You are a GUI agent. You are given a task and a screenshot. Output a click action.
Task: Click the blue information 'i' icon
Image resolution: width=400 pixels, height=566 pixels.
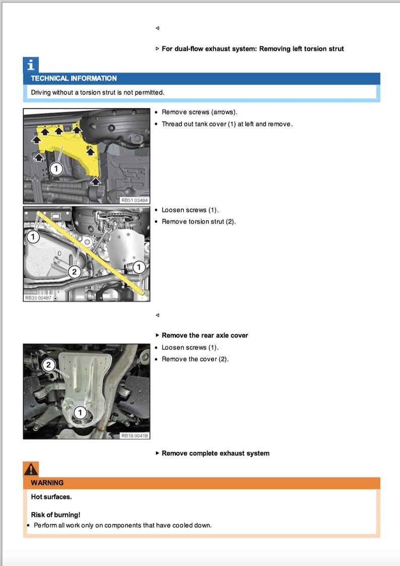(31, 65)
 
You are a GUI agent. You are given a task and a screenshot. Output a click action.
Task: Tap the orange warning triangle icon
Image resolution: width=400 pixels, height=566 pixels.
(31, 469)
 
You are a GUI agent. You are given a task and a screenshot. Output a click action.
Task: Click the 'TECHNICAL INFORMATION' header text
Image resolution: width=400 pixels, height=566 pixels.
(74, 79)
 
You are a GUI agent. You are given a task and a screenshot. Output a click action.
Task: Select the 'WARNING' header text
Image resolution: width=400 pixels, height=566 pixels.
(47, 483)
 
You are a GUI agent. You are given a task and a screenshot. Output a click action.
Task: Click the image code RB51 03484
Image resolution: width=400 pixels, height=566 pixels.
(135, 200)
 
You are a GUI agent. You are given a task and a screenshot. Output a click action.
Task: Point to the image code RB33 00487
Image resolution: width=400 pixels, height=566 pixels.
(38, 298)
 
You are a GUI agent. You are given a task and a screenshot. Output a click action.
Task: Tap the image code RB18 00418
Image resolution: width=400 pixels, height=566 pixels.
(135, 436)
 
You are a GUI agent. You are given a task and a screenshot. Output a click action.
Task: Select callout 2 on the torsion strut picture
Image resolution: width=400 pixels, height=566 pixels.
(74, 272)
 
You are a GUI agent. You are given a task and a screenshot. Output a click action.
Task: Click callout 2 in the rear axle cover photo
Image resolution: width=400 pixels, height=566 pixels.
(49, 365)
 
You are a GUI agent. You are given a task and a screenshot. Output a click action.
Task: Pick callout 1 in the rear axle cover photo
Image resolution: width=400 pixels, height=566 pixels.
(80, 413)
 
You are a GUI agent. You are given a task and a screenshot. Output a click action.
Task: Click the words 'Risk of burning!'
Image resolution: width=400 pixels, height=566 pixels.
(55, 515)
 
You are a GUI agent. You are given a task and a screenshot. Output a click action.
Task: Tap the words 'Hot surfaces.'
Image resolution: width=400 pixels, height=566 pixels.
(51, 497)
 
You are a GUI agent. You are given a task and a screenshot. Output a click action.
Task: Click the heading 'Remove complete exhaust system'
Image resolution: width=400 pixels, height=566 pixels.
(215, 453)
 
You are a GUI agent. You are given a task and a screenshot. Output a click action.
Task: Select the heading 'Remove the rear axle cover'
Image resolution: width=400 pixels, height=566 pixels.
(205, 335)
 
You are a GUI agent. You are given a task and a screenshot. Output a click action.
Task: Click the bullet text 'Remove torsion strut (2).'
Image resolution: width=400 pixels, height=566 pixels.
(198, 222)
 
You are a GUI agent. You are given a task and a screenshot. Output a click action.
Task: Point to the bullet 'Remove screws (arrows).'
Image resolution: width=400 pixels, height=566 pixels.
(199, 112)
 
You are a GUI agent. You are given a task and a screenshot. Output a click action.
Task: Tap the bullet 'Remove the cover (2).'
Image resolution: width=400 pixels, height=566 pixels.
(195, 359)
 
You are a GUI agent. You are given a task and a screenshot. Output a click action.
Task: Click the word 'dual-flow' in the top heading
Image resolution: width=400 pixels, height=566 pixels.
(188, 49)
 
